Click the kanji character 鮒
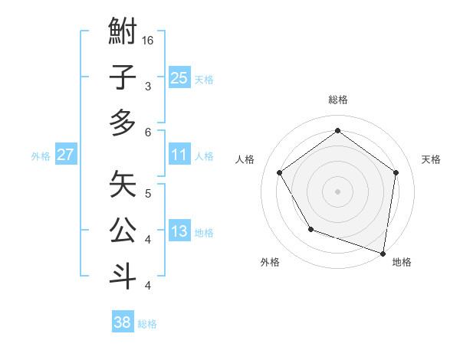point(123,32)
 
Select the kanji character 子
point(123,77)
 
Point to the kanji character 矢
point(123,184)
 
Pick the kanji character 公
point(123,229)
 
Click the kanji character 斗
point(123,274)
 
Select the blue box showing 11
point(179,155)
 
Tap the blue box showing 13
point(179,231)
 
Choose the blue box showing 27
point(65,155)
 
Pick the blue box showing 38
point(122,322)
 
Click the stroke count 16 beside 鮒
point(149,40)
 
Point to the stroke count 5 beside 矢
point(148,192)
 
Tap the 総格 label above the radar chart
point(337,100)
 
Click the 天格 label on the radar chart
point(431,159)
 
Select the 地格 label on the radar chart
point(402,262)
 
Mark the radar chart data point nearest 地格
point(383,253)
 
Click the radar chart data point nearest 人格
point(279,172)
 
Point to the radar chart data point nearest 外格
point(310,229)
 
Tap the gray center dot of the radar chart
point(337,191)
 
